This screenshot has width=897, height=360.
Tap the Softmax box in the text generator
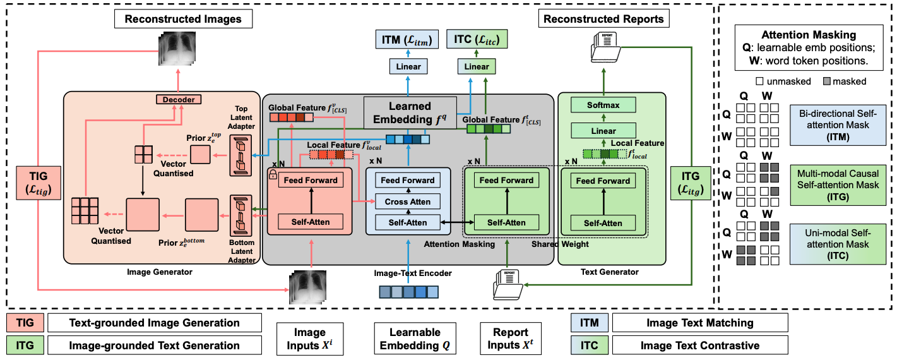click(603, 105)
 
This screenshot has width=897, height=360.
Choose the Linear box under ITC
click(477, 66)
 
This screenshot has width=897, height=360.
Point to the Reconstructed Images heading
click(182, 19)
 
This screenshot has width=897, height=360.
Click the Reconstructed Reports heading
click(603, 19)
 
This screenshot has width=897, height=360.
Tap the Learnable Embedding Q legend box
click(414, 339)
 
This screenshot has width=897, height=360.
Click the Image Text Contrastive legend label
click(699, 345)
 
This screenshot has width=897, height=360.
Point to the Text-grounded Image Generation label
click(155, 323)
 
